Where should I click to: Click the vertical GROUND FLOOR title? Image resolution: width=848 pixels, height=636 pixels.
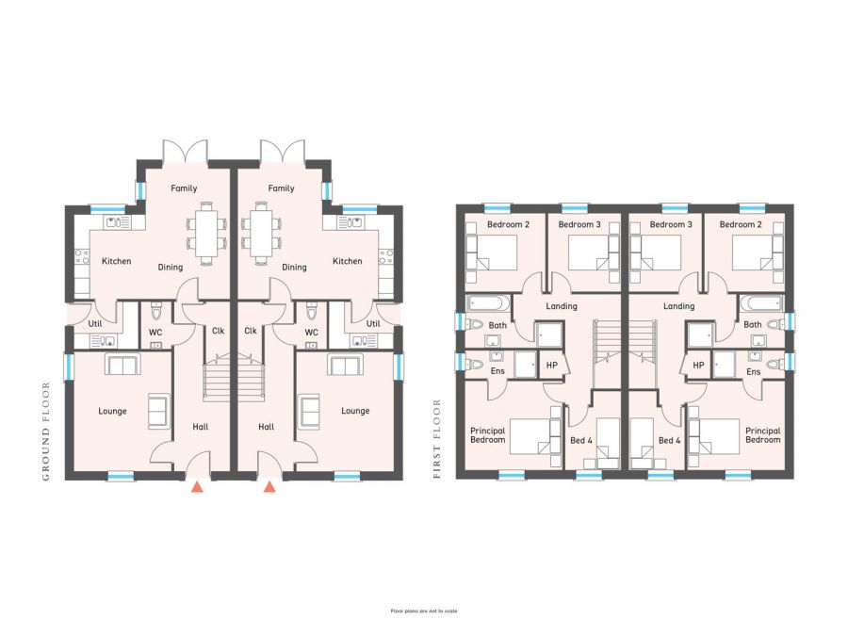point(44,432)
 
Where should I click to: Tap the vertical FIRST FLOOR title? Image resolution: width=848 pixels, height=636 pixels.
point(436,439)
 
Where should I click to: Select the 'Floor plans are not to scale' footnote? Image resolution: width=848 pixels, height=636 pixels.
point(423,611)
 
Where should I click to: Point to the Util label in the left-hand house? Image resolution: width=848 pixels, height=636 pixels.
point(95,323)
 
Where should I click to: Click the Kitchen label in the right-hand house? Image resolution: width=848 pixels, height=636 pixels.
point(347,261)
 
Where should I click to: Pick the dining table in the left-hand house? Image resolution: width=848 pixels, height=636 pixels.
point(206,232)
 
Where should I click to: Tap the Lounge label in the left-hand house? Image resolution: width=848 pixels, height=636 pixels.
point(112,411)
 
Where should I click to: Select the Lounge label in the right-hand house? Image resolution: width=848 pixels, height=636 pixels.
point(355,411)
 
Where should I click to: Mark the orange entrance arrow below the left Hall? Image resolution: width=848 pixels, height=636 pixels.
point(197,487)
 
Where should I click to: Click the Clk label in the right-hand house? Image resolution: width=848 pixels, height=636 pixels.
point(251,331)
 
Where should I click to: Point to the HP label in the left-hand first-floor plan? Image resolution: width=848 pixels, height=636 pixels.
point(551,365)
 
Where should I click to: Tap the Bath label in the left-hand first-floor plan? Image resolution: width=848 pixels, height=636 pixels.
point(497,325)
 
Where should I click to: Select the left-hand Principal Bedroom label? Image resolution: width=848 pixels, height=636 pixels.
point(488,435)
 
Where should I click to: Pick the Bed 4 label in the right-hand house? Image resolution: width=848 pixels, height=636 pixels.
point(670,440)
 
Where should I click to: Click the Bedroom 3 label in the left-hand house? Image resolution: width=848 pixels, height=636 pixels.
point(579,225)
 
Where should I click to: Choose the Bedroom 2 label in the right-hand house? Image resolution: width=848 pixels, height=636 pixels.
point(740,225)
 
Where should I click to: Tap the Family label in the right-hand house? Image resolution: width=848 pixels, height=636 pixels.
point(281,188)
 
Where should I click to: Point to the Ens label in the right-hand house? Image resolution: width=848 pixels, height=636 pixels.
point(753,372)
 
